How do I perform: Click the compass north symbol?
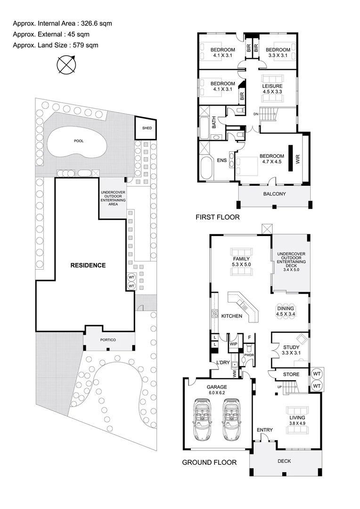[66, 64]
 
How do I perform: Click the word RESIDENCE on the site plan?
[88, 265]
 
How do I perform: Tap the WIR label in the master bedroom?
[297, 159]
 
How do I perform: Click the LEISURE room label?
[272, 86]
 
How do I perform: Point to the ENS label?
[221, 161]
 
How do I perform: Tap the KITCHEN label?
[232, 316]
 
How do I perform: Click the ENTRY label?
[264, 430]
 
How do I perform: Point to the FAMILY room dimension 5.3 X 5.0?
[241, 265]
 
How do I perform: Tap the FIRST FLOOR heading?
[218, 217]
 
